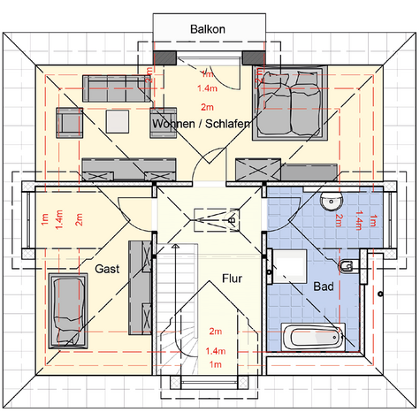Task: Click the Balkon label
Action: coord(209,29)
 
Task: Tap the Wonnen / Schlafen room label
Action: coord(201,126)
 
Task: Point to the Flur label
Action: coord(233,276)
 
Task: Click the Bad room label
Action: coord(324,287)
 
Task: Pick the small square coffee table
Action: coord(118,119)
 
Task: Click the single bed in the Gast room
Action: coord(67,309)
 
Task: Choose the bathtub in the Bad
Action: coord(311,337)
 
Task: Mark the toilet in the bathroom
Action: coord(347,266)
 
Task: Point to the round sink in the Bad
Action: coord(330,202)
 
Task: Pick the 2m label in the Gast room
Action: coord(79,218)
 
